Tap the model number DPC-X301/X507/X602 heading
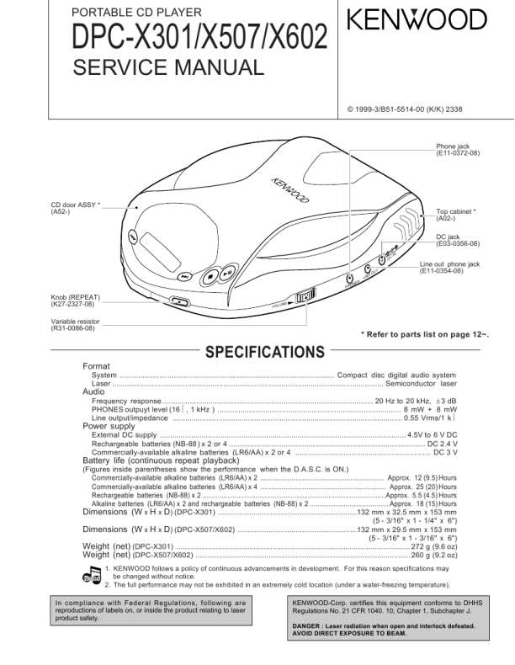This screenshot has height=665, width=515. pos(189,38)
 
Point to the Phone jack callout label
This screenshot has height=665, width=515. pos(458,151)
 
